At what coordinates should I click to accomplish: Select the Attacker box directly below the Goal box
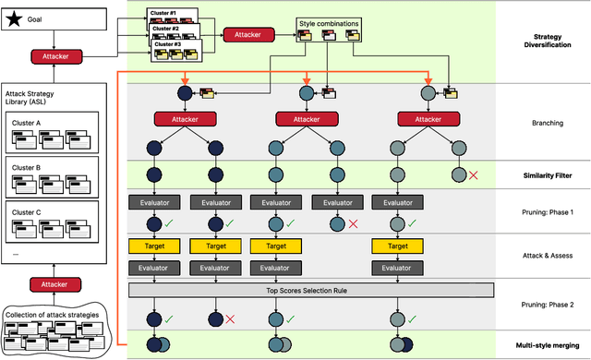(x=56, y=56)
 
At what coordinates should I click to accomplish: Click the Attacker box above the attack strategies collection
(x=56, y=284)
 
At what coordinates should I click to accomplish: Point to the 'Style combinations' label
(x=328, y=22)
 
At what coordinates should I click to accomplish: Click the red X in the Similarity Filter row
(x=473, y=174)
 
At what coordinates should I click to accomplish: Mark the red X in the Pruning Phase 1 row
(x=353, y=223)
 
